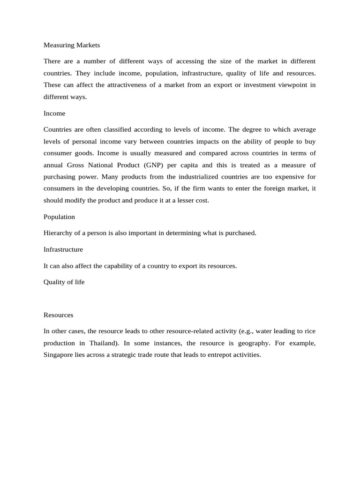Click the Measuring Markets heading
click(72, 45)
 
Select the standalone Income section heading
click(54, 113)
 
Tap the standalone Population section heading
click(59, 217)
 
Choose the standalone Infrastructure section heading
click(63, 249)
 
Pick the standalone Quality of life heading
click(64, 282)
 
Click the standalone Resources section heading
click(58, 315)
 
